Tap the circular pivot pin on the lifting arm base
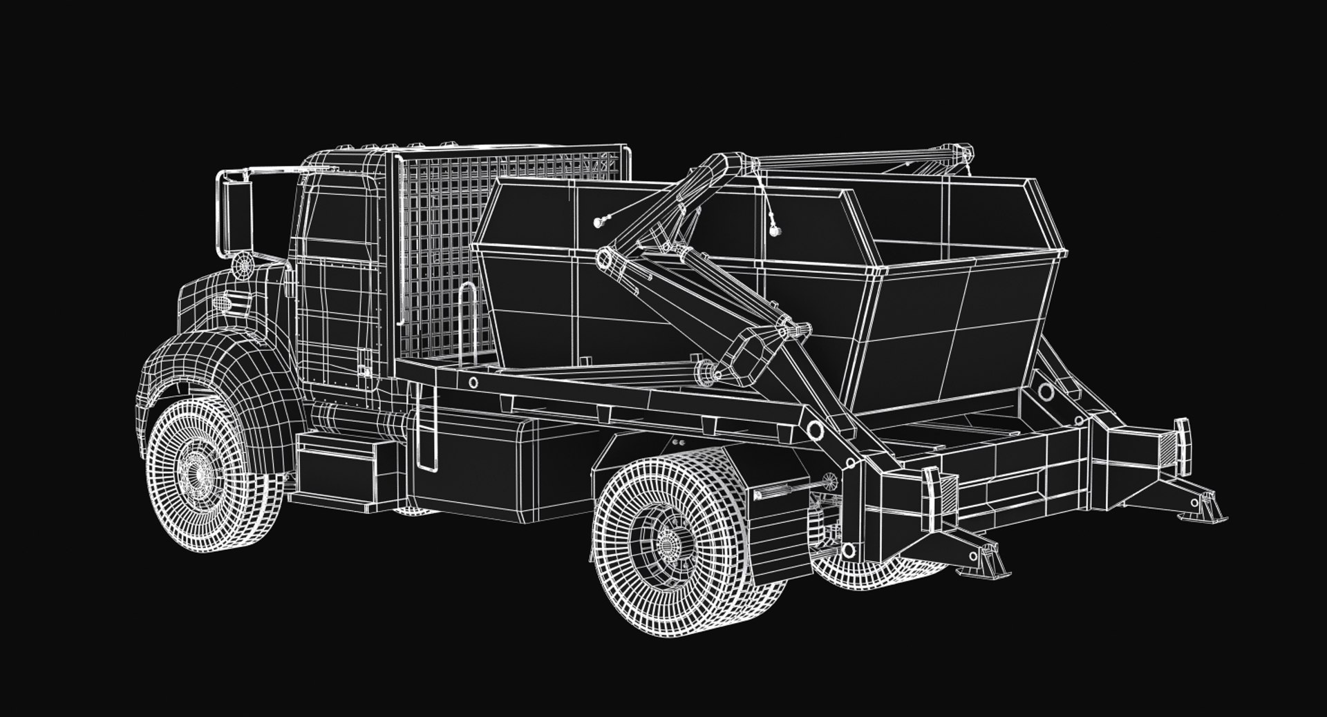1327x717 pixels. pyautogui.click(x=816, y=430)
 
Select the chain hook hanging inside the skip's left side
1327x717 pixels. pyautogui.click(x=600, y=222)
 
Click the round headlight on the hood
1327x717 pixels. pyautogui.click(x=243, y=265)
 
